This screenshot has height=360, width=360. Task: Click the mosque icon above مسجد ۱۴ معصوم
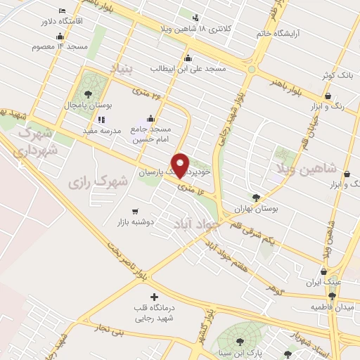click(x=62, y=35)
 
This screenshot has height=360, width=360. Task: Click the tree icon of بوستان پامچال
click(x=88, y=94)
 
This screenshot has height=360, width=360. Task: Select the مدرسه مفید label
click(x=103, y=131)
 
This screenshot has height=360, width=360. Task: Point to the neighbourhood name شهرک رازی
click(x=98, y=181)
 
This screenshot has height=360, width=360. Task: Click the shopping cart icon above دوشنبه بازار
click(x=135, y=210)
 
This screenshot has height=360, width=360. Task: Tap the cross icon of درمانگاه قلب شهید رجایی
click(x=154, y=297)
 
